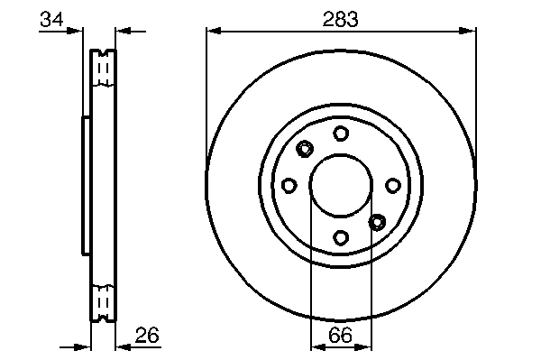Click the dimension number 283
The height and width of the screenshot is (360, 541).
tap(340, 19)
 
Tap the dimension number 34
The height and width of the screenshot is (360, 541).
tap(51, 19)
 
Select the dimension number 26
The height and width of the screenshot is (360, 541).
tap(147, 335)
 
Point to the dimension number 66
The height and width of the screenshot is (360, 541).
tap(341, 335)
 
